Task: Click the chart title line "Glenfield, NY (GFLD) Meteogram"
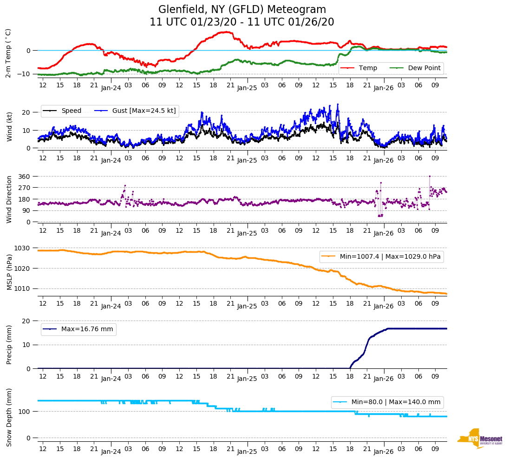click(x=242, y=10)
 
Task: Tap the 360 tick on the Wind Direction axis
click(x=25, y=177)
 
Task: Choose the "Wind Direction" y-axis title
click(x=9, y=199)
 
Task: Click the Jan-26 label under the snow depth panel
click(x=384, y=452)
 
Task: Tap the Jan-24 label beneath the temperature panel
click(x=111, y=87)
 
